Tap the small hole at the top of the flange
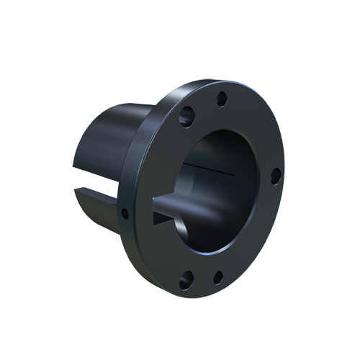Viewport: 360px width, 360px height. click(x=222, y=97)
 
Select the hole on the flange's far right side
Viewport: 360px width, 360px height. click(x=275, y=174)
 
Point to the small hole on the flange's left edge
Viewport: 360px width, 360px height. click(x=125, y=213)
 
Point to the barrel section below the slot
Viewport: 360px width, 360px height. click(x=101, y=212)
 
